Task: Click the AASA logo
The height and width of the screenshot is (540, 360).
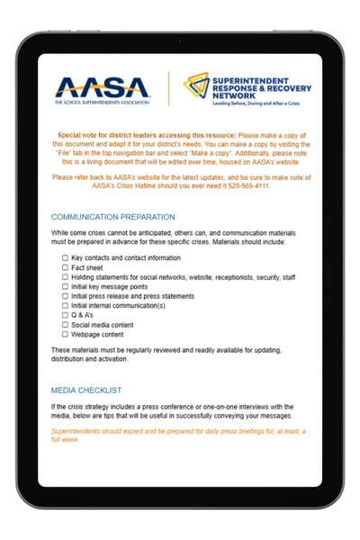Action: tap(104, 88)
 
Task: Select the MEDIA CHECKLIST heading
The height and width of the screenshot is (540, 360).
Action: tap(86, 391)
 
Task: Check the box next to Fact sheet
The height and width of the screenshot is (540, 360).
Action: tap(65, 267)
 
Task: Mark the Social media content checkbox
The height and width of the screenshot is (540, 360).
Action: tap(65, 325)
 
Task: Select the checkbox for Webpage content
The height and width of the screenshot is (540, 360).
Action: tap(65, 334)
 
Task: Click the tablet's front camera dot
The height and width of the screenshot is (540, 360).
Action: tap(180, 41)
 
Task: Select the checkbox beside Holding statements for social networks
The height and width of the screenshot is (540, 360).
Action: tap(65, 277)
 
